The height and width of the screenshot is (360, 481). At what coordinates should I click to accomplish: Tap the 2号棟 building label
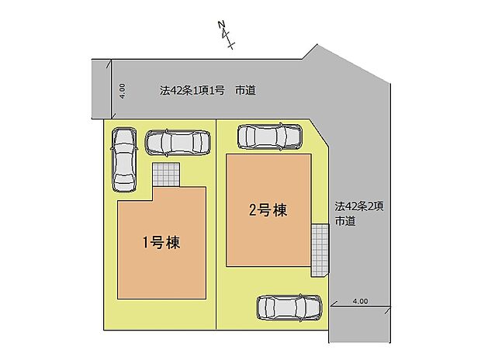point(268,209)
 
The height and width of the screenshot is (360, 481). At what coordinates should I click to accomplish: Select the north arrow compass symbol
point(227,36)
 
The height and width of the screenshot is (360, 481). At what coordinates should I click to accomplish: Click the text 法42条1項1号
point(192,91)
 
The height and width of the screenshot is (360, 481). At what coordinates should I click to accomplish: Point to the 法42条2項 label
point(360,206)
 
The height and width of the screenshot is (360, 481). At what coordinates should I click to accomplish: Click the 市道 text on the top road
point(246,91)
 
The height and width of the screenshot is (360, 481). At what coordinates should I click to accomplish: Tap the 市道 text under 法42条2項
point(345,222)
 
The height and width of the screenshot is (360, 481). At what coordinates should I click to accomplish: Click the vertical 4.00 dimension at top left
point(122,90)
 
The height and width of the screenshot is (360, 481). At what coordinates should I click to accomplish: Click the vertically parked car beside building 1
point(124,158)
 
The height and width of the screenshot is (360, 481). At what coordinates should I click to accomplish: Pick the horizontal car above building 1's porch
point(178,142)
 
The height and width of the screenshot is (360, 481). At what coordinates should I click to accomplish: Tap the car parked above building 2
point(268,137)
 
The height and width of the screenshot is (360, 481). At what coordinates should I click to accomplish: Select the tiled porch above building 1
point(164,175)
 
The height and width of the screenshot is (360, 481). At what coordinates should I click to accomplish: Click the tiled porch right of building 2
point(319,249)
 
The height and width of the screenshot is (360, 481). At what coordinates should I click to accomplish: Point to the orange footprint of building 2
point(268,233)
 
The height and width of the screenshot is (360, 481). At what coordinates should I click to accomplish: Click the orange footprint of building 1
point(161,264)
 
